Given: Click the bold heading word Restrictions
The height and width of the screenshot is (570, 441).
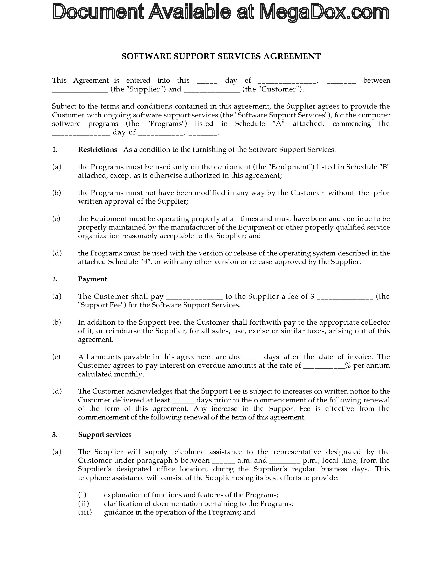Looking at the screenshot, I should (98, 149).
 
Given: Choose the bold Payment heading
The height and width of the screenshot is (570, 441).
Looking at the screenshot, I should (93, 279).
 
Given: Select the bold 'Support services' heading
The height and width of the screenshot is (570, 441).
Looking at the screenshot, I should (105, 434).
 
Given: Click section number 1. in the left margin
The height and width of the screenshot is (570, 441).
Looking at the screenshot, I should (54, 149).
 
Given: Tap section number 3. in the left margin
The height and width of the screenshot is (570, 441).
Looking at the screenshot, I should (54, 434).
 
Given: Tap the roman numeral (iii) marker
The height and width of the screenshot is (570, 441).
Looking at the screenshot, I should (85, 512).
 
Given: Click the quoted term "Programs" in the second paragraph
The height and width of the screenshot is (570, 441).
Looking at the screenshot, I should (167, 124).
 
